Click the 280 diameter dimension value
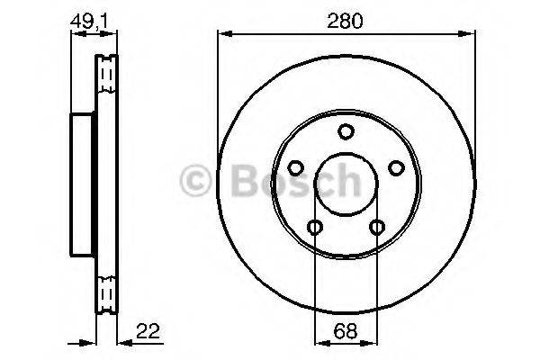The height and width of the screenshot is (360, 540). pyautogui.click(x=346, y=22)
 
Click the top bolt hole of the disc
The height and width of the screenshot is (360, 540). pyautogui.click(x=346, y=131)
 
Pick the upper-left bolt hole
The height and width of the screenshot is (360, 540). pyautogui.click(x=296, y=167)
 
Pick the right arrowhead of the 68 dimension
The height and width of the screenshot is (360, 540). pyautogui.click(x=373, y=342)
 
